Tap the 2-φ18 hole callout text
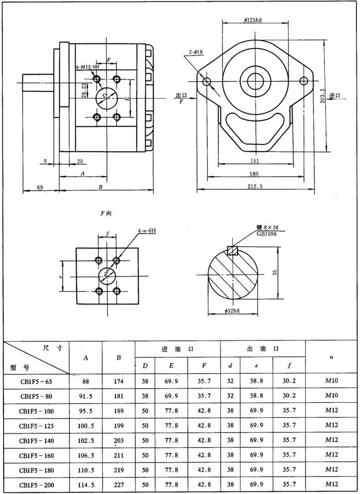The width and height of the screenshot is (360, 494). click(196, 52)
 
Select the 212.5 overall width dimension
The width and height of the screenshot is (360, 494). click(254, 187)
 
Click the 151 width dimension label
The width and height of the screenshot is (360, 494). click(255, 160)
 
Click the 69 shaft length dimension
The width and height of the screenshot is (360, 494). click(40, 187)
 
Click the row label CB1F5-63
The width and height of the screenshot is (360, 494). click(36, 381)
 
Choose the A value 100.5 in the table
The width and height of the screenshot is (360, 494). click(85, 426)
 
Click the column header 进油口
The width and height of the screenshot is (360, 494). click(177, 349)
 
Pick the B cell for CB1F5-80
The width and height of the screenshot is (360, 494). click(118, 396)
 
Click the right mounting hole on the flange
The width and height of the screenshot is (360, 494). click(303, 80)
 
